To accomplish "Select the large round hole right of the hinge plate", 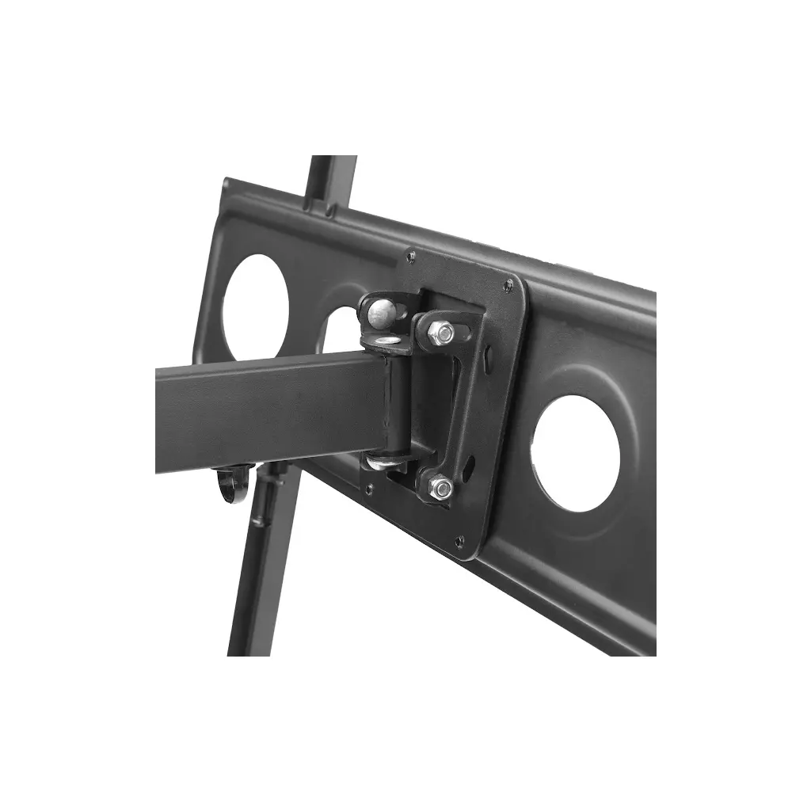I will [576, 453].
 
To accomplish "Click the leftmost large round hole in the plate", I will [256, 303].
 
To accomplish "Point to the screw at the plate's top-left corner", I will [409, 256].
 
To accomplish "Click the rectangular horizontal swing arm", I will [261, 412].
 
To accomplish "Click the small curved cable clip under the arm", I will [230, 483].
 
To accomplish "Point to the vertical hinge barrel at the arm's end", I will [394, 404].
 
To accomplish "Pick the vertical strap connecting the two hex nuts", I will [451, 408].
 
